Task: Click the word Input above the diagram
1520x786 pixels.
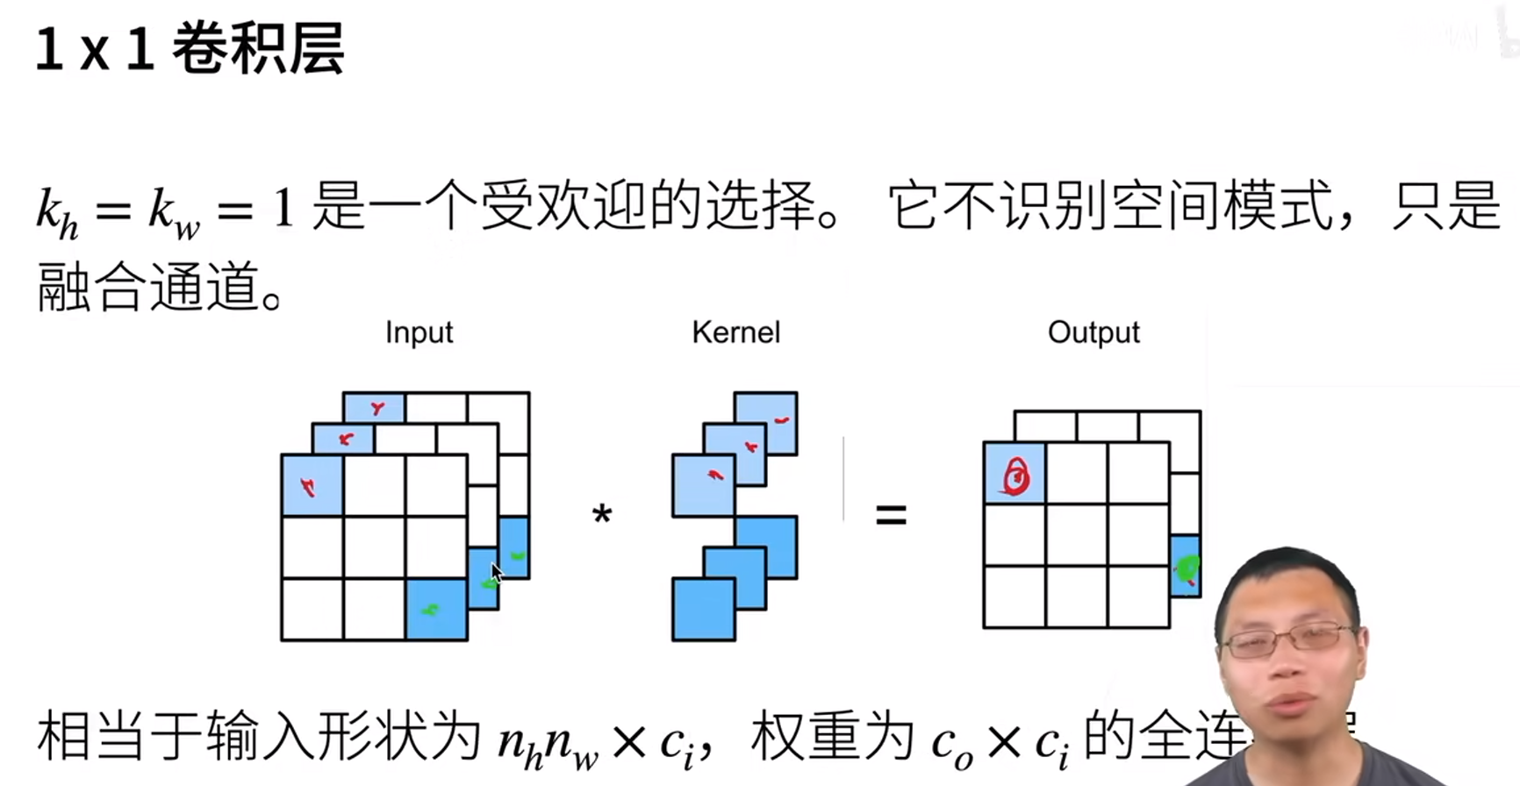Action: pos(419,332)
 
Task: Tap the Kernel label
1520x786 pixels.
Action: pos(735,332)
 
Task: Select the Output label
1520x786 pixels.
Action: pos(1093,332)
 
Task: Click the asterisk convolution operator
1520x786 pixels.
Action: pos(602,515)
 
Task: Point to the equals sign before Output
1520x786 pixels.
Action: pos(891,515)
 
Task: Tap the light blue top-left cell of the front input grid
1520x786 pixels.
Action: pos(312,485)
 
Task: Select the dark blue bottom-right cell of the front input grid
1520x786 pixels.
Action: pos(436,610)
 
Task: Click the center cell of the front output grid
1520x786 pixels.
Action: pos(1077,535)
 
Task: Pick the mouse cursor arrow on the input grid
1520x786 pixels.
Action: pos(496,572)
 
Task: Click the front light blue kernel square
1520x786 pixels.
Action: pos(703,484)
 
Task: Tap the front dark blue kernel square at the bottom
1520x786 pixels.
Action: pos(703,610)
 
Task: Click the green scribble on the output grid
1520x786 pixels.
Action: pos(1187,568)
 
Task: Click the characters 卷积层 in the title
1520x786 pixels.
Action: pos(258,48)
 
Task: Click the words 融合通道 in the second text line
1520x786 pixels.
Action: pos(149,287)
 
